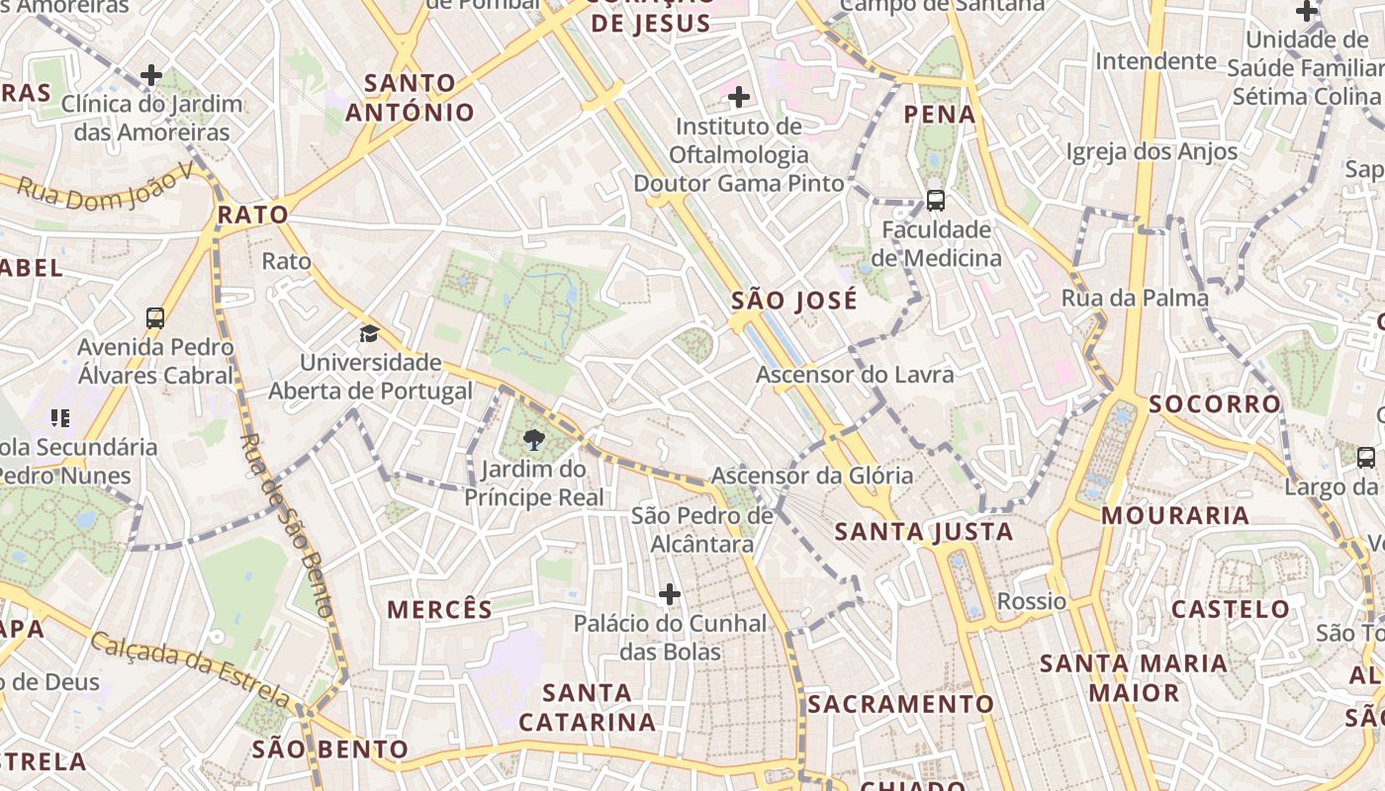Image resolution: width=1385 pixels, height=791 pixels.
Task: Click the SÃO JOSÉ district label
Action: tap(794, 301)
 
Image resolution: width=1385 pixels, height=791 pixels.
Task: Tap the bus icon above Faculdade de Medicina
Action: tap(935, 201)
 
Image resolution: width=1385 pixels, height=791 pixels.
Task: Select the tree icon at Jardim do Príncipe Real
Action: tap(535, 440)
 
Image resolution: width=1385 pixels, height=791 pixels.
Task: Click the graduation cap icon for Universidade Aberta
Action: tap(369, 333)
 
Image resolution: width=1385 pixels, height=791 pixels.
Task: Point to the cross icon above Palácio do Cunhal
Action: tap(670, 594)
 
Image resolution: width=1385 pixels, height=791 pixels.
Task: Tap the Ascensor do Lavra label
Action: tap(855, 375)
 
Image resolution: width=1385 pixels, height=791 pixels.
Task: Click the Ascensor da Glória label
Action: tap(811, 476)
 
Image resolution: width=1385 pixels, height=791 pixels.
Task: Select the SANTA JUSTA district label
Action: tap(924, 532)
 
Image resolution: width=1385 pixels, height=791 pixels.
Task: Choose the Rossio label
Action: tap(1032, 601)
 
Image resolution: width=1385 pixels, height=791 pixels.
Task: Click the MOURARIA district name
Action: tap(1175, 515)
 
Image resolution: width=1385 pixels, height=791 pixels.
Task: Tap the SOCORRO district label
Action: tap(1215, 403)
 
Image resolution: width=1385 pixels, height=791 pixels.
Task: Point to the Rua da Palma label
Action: tap(1135, 298)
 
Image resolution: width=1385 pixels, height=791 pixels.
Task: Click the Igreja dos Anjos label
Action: tap(1152, 151)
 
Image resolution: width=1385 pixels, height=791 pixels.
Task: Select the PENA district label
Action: tap(940, 115)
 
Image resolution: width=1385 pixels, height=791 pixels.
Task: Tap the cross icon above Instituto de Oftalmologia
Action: tap(738, 97)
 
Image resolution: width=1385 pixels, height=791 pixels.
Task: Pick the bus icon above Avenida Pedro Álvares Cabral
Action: tap(155, 318)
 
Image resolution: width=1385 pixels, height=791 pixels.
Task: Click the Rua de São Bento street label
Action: tap(287, 524)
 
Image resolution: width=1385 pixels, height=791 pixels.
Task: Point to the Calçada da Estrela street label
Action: tap(192, 671)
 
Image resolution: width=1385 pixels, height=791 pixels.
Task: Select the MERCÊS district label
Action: tap(439, 609)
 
